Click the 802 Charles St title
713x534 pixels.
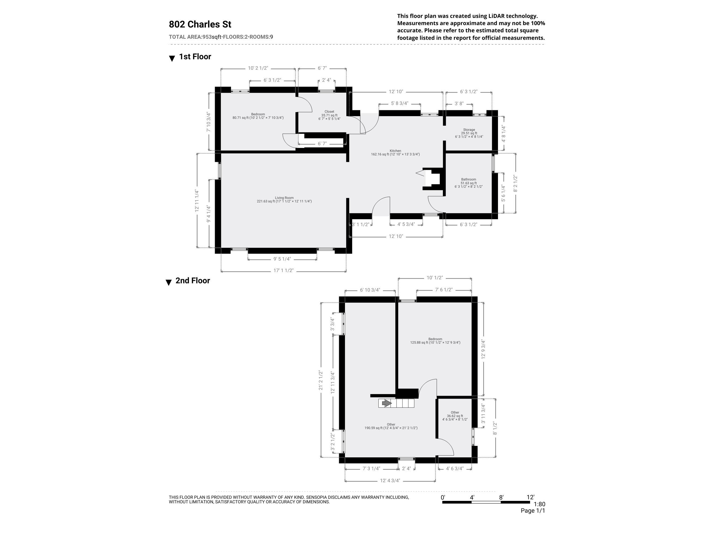(200, 25)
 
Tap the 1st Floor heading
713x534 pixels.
(195, 57)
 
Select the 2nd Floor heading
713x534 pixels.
(193, 281)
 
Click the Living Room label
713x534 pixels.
(284, 198)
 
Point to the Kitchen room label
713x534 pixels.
(395, 151)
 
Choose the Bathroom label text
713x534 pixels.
(468, 179)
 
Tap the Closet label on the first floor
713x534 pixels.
(329, 112)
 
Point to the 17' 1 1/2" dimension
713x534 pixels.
(283, 270)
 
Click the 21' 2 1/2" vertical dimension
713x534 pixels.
(321, 380)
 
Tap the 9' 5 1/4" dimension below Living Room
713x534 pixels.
(282, 259)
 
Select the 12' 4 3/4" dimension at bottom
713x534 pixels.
(390, 481)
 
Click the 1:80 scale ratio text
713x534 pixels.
(539, 504)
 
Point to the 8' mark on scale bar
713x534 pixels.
(501, 497)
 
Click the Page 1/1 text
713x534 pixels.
(532, 511)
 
